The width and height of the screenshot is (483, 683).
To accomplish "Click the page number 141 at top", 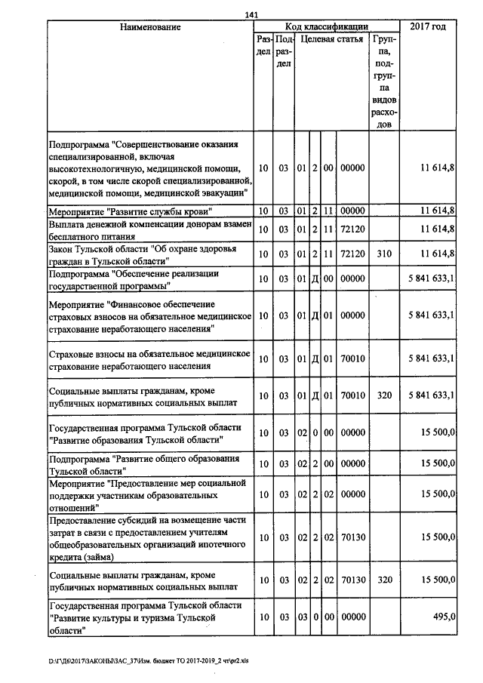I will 252,14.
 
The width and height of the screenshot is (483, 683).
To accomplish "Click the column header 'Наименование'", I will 150,27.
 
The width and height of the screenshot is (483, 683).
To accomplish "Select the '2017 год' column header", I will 427,27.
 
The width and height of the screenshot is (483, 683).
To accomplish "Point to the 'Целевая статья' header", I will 331,38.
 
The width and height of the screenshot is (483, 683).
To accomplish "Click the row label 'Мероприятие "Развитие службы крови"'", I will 129,210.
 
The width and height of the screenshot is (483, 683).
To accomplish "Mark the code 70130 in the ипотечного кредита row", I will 352,537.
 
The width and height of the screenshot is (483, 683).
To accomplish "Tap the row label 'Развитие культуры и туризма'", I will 146,617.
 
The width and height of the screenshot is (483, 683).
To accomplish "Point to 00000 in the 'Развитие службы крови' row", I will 352,210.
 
